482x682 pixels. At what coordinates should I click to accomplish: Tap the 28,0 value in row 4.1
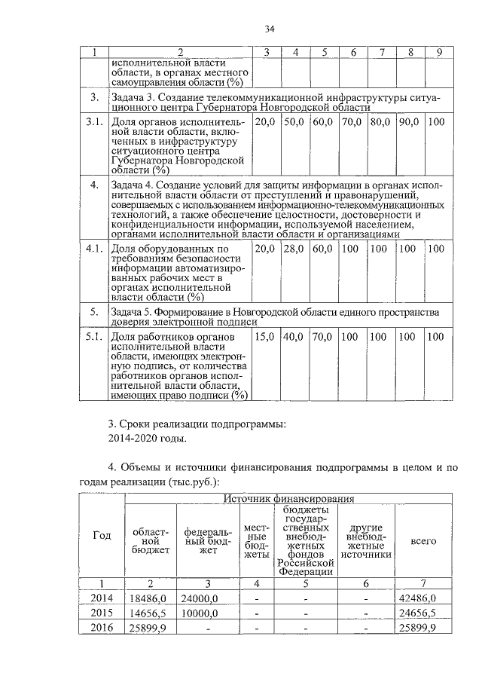tap(294, 248)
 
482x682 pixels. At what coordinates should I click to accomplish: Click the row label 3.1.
tap(94, 121)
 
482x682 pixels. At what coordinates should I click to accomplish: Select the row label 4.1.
tap(94, 248)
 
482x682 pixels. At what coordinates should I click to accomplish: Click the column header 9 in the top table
tap(439, 52)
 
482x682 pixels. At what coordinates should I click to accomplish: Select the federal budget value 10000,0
tap(200, 613)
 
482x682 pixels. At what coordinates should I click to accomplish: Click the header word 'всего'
tap(423, 541)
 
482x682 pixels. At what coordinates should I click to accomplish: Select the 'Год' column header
tap(102, 535)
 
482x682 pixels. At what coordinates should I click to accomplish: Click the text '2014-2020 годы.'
tap(147, 437)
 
